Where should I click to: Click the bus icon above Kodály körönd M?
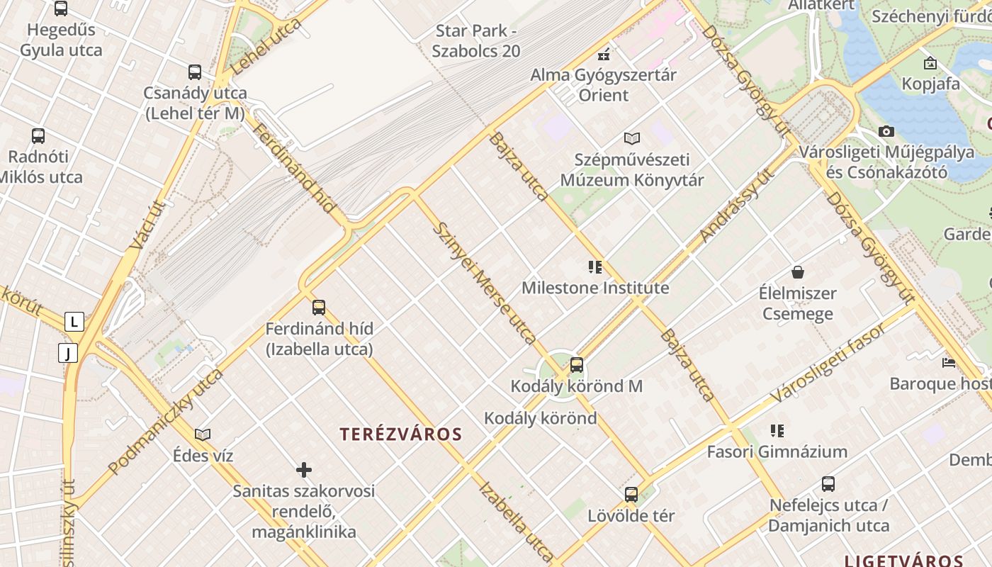coord(577,365)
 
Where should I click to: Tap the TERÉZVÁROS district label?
coord(401,434)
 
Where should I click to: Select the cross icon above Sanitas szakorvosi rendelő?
coord(304,470)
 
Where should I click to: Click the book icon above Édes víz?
coord(203,434)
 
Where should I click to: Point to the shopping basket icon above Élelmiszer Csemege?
coord(798,272)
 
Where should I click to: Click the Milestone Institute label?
coord(595,288)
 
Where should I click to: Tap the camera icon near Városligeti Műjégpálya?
coord(886,131)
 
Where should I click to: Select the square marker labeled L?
coord(74,322)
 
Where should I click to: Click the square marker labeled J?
coord(67,352)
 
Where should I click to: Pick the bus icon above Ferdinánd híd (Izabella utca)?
coord(319,308)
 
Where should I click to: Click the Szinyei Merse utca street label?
coord(485,283)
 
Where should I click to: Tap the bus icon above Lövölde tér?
coord(631,495)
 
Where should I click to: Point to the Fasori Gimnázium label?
coord(777,451)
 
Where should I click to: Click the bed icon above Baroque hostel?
coord(949,363)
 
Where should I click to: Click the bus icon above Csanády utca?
coord(194,72)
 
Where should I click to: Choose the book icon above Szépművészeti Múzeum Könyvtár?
coord(631,138)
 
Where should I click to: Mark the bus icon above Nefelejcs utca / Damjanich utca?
coord(828,484)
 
